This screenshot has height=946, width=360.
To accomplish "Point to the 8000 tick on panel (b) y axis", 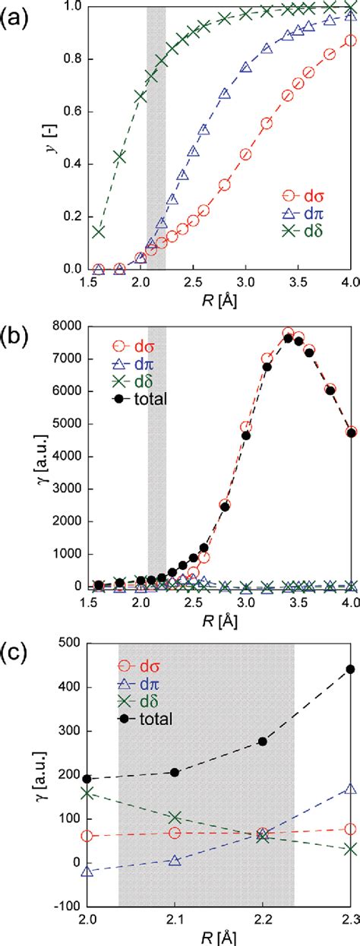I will tap(63, 327).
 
